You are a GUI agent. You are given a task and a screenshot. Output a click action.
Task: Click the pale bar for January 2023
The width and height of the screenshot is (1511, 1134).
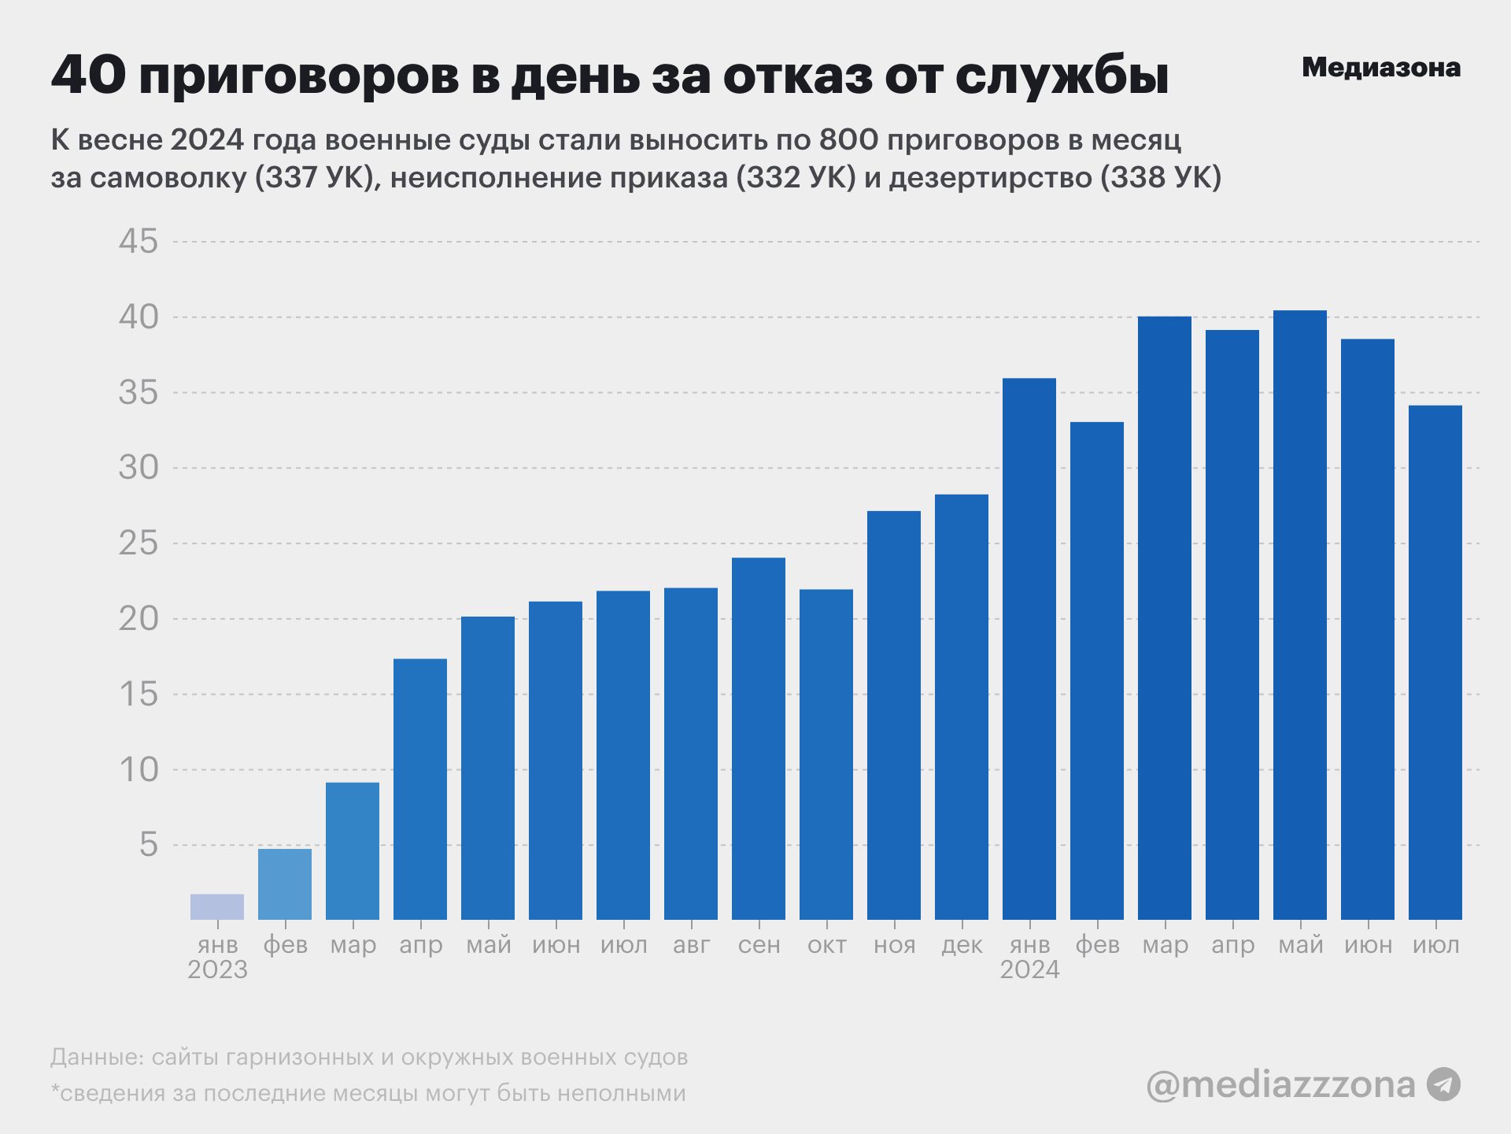tap(217, 907)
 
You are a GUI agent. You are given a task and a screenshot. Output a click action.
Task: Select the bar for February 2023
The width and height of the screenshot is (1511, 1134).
tap(285, 884)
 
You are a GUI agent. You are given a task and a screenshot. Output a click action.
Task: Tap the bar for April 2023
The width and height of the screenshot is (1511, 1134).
tap(420, 789)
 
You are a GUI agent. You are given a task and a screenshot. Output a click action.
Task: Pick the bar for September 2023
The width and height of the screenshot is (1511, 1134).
tap(759, 739)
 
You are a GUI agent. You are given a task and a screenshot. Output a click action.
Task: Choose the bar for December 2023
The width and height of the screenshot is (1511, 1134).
tap(962, 707)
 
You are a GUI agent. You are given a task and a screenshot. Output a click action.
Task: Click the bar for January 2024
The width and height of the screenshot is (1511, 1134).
tap(1029, 649)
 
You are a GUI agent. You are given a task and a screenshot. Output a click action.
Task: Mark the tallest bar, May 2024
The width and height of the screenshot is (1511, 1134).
tap(1300, 615)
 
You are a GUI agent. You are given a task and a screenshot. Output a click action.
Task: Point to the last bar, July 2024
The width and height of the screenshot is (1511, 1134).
tap(1435, 662)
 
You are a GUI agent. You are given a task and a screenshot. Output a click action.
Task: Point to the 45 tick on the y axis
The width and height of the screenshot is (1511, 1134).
tap(139, 242)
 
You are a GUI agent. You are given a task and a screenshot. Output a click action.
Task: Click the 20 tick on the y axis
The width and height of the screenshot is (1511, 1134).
tap(139, 619)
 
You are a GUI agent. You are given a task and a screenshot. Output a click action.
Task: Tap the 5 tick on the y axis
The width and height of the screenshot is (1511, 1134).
tap(149, 845)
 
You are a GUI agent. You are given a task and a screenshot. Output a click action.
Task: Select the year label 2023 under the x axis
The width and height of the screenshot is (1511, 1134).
tap(217, 969)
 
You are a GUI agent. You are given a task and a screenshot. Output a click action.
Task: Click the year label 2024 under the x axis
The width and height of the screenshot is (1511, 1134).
tap(1029, 969)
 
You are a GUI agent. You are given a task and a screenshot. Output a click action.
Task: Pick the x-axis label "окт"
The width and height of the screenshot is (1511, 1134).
tap(826, 944)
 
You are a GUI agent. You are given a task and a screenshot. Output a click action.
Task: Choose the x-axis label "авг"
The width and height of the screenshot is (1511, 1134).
tap(691, 944)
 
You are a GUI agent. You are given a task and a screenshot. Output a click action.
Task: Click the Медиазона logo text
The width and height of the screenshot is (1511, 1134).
tap(1381, 68)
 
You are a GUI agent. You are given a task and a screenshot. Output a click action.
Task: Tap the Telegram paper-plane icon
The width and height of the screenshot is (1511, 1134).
tap(1444, 1084)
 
